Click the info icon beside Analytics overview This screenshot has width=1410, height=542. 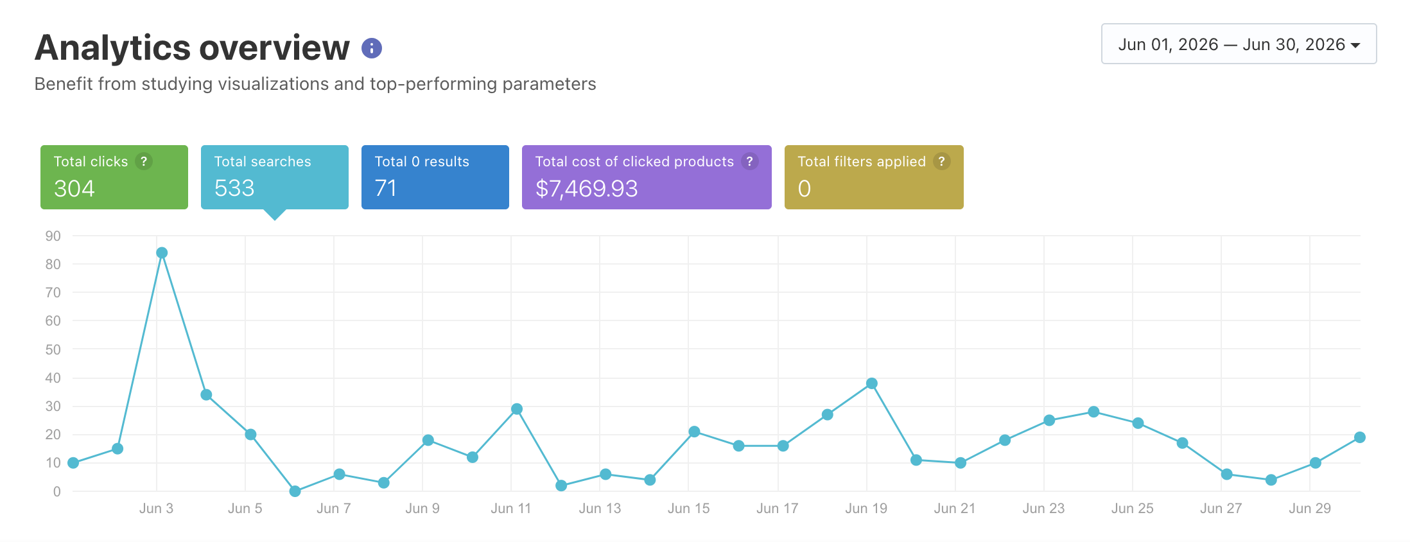pyautogui.click(x=372, y=48)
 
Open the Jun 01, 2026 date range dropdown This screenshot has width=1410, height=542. pyautogui.click(x=1239, y=44)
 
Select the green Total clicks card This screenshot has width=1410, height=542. pyautogui.click(x=114, y=177)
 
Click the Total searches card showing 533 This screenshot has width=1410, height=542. pyautogui.click(x=275, y=177)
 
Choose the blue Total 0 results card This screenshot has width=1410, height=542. pyautogui.click(x=435, y=177)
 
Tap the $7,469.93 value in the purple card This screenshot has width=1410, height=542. pyautogui.click(x=587, y=189)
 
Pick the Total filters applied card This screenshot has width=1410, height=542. pyautogui.click(x=874, y=177)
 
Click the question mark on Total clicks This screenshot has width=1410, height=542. pyautogui.click(x=144, y=161)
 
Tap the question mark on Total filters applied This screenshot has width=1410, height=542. pyautogui.click(x=942, y=161)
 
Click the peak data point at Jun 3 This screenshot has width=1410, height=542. pyautogui.click(x=162, y=253)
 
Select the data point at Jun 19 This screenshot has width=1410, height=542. pyautogui.click(x=872, y=383)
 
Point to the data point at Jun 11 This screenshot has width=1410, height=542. pyautogui.click(x=517, y=409)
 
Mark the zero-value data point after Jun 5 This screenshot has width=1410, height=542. pyautogui.click(x=295, y=491)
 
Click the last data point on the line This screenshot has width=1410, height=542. pyautogui.click(x=1360, y=437)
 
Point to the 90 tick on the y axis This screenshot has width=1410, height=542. pyautogui.click(x=53, y=236)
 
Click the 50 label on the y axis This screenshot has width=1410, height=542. pyautogui.click(x=53, y=349)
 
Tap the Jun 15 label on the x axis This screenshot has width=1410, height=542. pyautogui.click(x=689, y=509)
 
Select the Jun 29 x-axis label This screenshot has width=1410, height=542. pyautogui.click(x=1310, y=509)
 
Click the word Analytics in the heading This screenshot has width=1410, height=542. pyautogui.click(x=113, y=48)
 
